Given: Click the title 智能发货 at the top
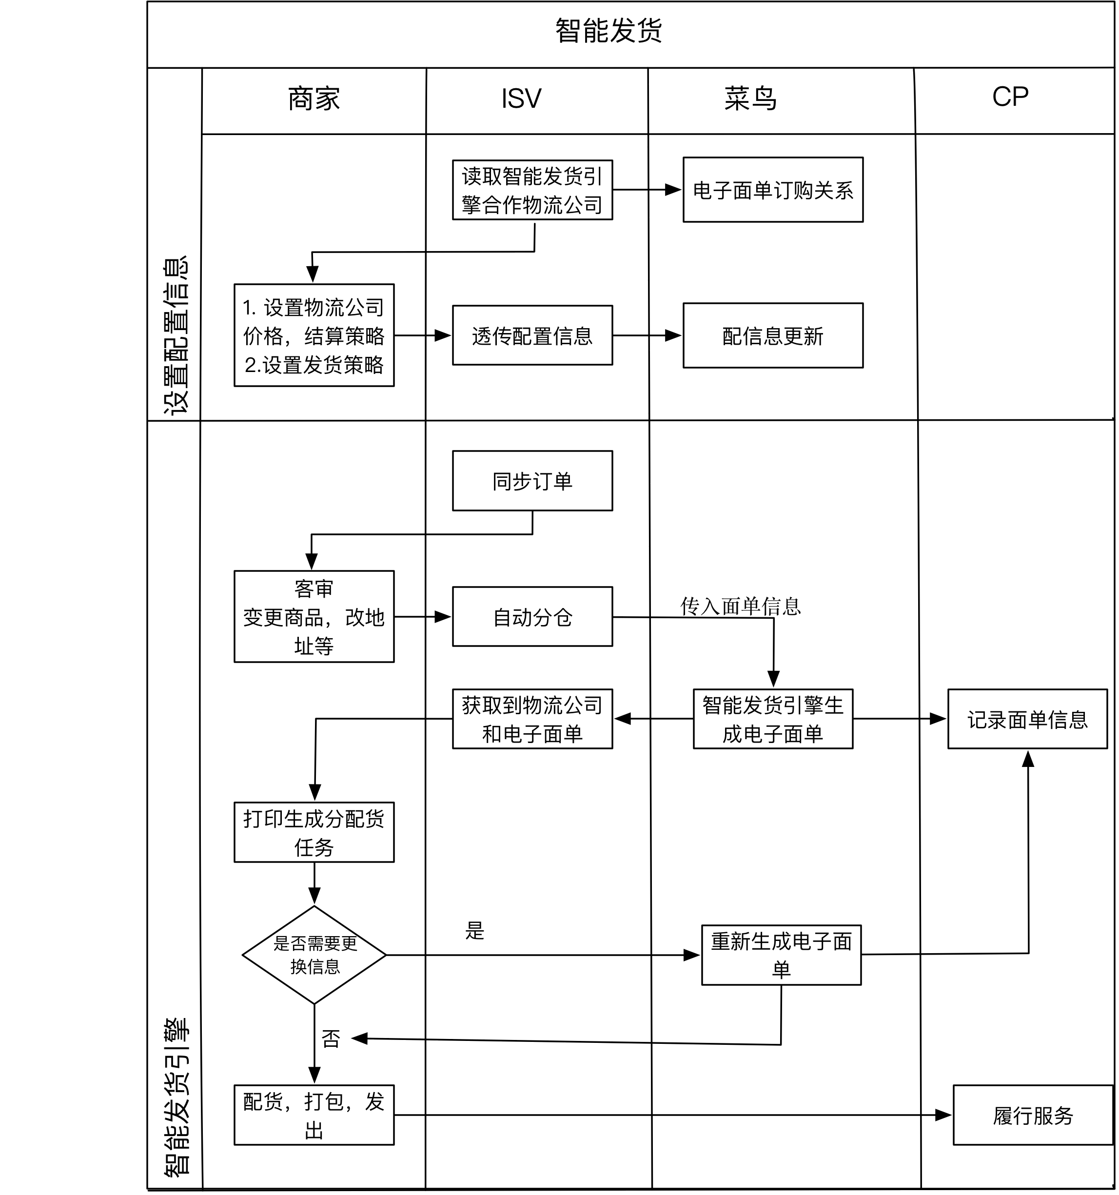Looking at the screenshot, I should pyautogui.click(x=608, y=31).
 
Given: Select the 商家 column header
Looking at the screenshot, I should pyautogui.click(x=314, y=98).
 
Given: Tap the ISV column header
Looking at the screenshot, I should pyautogui.click(x=521, y=98).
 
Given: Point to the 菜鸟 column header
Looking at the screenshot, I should pyautogui.click(x=750, y=98).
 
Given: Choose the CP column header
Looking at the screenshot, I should pyautogui.click(x=1010, y=97).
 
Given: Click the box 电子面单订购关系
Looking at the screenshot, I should pyautogui.click(x=773, y=190).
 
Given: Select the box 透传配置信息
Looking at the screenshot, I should pyautogui.click(x=532, y=335).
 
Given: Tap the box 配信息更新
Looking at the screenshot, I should pyautogui.click(x=773, y=335).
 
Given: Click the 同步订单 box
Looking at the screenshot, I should pyautogui.click(x=532, y=481).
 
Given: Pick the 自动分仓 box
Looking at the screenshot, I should pyautogui.click(x=532, y=617).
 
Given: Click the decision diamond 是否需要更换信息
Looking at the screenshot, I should pyautogui.click(x=314, y=955).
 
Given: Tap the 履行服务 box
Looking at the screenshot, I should pyautogui.click(x=1032, y=1115).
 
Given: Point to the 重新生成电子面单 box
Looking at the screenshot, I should pyautogui.click(x=781, y=955).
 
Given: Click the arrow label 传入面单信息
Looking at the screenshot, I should pyautogui.click(x=740, y=606).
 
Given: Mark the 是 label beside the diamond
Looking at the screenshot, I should pyautogui.click(x=474, y=931).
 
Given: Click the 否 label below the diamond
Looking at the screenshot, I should pyautogui.click(x=331, y=1038).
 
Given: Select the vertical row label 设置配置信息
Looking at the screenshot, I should pyautogui.click(x=176, y=335).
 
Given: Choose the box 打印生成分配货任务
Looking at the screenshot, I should pyautogui.click(x=314, y=832).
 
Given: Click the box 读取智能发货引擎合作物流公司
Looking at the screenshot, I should pyautogui.click(x=532, y=190).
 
